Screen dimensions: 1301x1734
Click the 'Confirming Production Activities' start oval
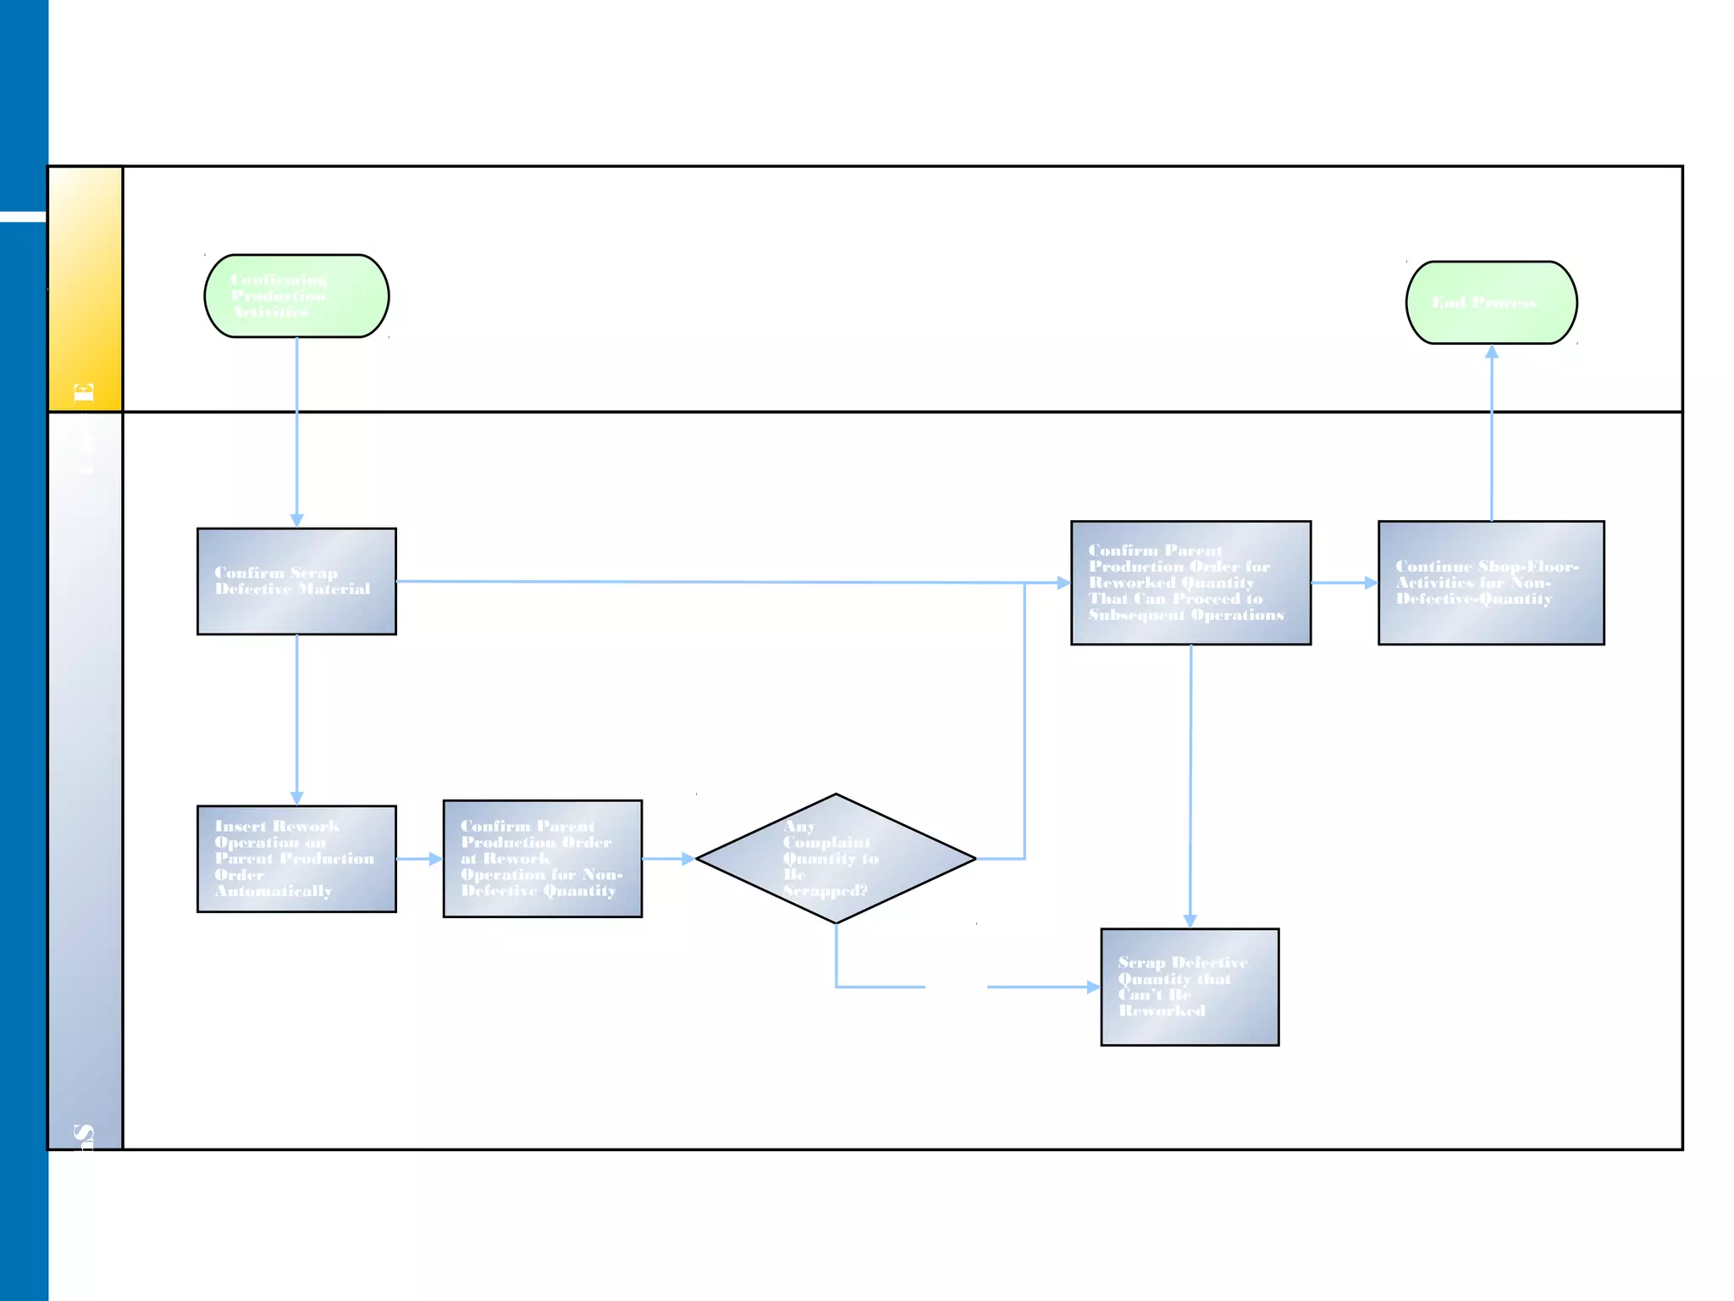pos(296,296)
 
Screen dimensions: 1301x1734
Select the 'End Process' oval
pos(1491,302)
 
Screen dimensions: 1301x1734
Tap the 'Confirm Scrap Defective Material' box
pos(296,581)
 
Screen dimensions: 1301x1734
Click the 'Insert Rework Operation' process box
pos(296,858)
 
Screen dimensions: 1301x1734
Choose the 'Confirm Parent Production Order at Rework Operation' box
pos(542,858)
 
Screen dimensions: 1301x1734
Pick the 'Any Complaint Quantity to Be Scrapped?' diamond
pos(836,858)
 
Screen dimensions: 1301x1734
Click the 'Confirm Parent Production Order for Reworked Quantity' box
pos(1190,583)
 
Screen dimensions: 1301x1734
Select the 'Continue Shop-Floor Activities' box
pos(1491,583)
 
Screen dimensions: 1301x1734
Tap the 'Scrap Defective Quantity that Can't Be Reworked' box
pos(1190,987)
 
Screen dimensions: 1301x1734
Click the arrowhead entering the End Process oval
pos(1492,352)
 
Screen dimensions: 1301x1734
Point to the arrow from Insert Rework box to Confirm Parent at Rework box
pos(420,859)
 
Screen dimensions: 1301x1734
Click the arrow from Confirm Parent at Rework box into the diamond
pos(669,859)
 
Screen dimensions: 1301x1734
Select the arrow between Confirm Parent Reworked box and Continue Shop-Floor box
pos(1345,583)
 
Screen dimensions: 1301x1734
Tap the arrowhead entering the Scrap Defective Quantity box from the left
pos(1093,987)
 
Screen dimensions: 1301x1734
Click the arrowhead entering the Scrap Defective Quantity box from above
pos(1190,921)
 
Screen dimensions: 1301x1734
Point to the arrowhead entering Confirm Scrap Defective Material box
pos(296,520)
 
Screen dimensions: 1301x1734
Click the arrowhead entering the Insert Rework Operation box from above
pos(296,798)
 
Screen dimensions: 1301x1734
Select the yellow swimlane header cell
pos(85,289)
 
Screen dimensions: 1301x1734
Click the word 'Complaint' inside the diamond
pos(826,843)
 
